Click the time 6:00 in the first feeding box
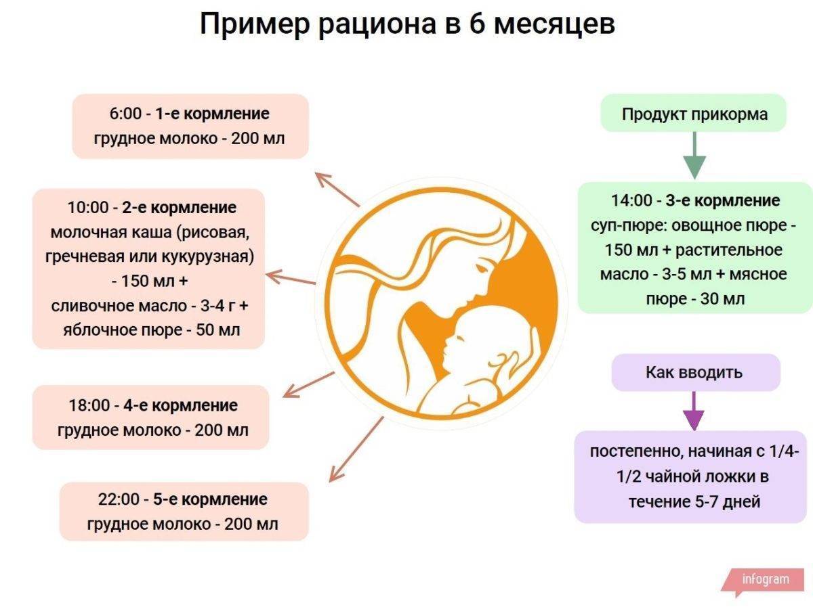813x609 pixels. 125,114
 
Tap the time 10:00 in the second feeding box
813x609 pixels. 89,208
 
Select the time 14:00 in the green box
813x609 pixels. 631,201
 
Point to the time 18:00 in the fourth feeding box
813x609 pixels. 89,405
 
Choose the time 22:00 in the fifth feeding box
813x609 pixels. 119,499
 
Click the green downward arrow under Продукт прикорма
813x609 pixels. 694,156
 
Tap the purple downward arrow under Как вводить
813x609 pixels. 693,411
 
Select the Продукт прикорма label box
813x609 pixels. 693,113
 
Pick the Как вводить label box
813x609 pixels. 696,372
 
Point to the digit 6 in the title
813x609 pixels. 476,24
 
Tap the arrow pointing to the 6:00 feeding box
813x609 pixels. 337,189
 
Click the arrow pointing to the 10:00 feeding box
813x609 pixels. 291,277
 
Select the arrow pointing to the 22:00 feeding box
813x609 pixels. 356,450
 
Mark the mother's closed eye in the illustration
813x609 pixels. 481,267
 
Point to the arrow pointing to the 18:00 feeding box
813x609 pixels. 308,385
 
